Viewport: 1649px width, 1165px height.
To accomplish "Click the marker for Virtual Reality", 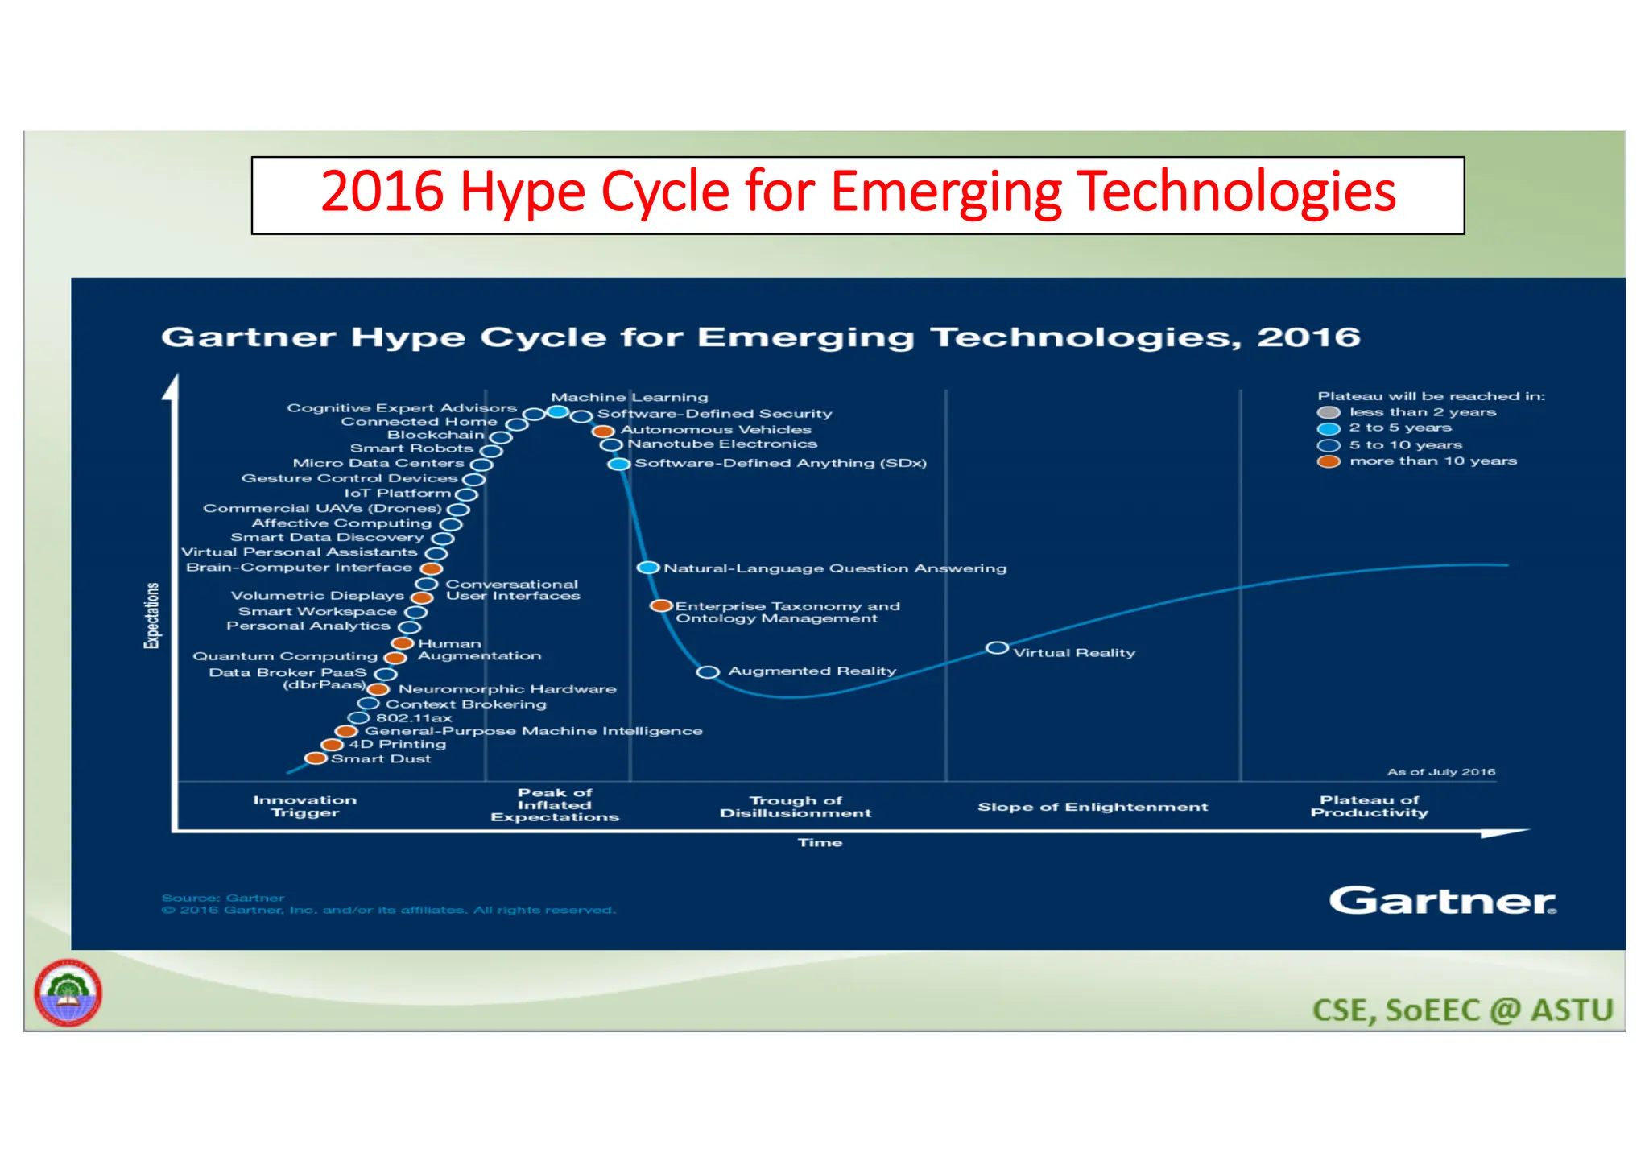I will (x=997, y=648).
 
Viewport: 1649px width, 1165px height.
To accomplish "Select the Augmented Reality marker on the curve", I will (x=708, y=672).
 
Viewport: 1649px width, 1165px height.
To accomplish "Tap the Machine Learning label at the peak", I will (x=629, y=397).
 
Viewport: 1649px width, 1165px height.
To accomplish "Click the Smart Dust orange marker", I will (x=316, y=758).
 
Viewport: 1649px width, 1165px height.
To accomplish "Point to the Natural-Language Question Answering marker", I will (x=648, y=568).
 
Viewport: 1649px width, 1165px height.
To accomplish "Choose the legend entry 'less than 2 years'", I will (x=1422, y=412).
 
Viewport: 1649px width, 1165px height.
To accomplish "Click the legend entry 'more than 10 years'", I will (x=1432, y=461).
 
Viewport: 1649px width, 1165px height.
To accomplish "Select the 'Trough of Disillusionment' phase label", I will (x=796, y=807).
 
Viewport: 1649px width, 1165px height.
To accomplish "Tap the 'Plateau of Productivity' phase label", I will (x=1369, y=806).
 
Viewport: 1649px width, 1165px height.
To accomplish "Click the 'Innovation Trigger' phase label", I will (x=304, y=806).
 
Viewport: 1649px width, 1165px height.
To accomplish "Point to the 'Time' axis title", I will (x=820, y=843).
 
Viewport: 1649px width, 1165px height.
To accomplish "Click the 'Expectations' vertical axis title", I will (x=151, y=615).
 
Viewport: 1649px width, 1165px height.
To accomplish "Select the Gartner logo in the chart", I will (x=1442, y=900).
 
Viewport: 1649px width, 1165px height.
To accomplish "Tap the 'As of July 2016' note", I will (x=1440, y=772).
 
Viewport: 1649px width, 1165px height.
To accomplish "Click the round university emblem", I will (x=68, y=993).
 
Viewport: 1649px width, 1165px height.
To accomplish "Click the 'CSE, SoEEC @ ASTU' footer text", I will (x=1462, y=1010).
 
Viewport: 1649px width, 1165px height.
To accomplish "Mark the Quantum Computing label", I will (x=285, y=656).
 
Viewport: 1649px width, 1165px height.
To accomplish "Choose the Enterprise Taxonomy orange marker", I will (x=661, y=605).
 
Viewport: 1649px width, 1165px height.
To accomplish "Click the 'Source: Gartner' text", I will (x=223, y=898).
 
